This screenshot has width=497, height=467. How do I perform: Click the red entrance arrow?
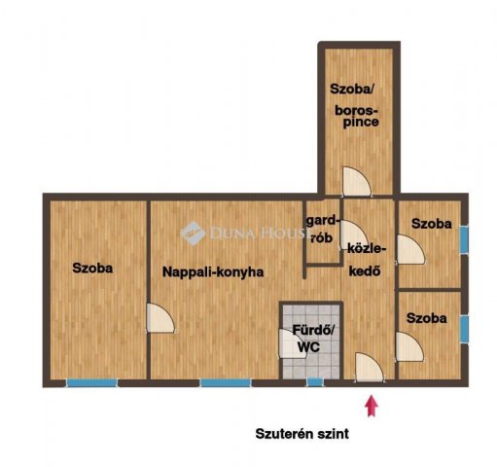click(x=372, y=406)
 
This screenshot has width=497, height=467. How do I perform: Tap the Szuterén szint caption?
click(x=302, y=434)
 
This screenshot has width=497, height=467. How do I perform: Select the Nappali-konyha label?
click(x=213, y=272)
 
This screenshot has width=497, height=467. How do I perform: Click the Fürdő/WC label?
click(x=312, y=339)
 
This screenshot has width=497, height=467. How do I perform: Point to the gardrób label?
click(x=323, y=230)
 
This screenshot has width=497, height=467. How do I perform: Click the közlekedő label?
click(x=367, y=260)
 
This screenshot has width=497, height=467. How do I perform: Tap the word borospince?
click(x=357, y=116)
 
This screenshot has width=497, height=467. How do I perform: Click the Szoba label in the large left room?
click(x=92, y=269)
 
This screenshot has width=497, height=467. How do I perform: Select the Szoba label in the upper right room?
click(x=431, y=224)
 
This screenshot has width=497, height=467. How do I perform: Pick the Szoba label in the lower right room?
click(x=426, y=318)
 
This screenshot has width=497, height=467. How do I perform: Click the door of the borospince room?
click(x=357, y=182)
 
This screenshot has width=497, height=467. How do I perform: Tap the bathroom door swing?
click(x=292, y=343)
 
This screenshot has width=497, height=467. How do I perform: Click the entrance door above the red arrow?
click(x=370, y=367)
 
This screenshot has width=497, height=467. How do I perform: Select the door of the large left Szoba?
click(x=160, y=318)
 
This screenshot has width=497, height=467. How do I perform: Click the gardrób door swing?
click(x=354, y=235)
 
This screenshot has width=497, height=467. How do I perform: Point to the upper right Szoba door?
click(x=411, y=249)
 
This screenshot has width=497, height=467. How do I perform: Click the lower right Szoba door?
click(x=409, y=346)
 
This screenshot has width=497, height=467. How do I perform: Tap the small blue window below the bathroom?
click(x=315, y=382)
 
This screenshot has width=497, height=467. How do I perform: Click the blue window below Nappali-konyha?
click(x=226, y=383)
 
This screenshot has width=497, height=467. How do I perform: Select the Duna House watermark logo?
click(x=194, y=233)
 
